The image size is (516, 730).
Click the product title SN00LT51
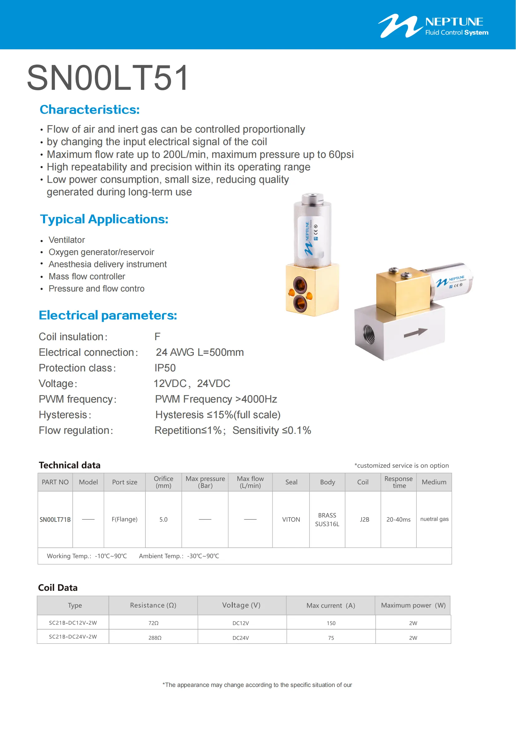tap(108, 78)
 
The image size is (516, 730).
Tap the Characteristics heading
tap(90, 110)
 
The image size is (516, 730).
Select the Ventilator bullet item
tap(67, 240)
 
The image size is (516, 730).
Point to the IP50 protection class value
tap(165, 368)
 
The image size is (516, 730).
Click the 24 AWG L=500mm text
tap(200, 352)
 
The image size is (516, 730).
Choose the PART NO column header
tap(55, 482)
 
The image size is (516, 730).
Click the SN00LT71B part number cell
tap(55, 520)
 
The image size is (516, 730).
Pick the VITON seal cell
tap(291, 520)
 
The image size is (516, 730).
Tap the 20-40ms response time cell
tap(398, 520)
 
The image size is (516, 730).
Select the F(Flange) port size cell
tap(124, 520)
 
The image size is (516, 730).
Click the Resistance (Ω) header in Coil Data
tap(153, 605)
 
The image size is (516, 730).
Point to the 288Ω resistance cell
tap(155, 638)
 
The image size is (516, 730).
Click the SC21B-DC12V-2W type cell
tap(73, 623)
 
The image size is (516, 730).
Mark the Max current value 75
tap(331, 638)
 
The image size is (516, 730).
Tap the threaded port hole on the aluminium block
tap(368, 335)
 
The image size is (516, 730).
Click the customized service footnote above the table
tap(401, 465)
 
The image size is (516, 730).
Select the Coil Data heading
tap(58, 588)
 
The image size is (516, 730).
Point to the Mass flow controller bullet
tap(87, 277)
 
